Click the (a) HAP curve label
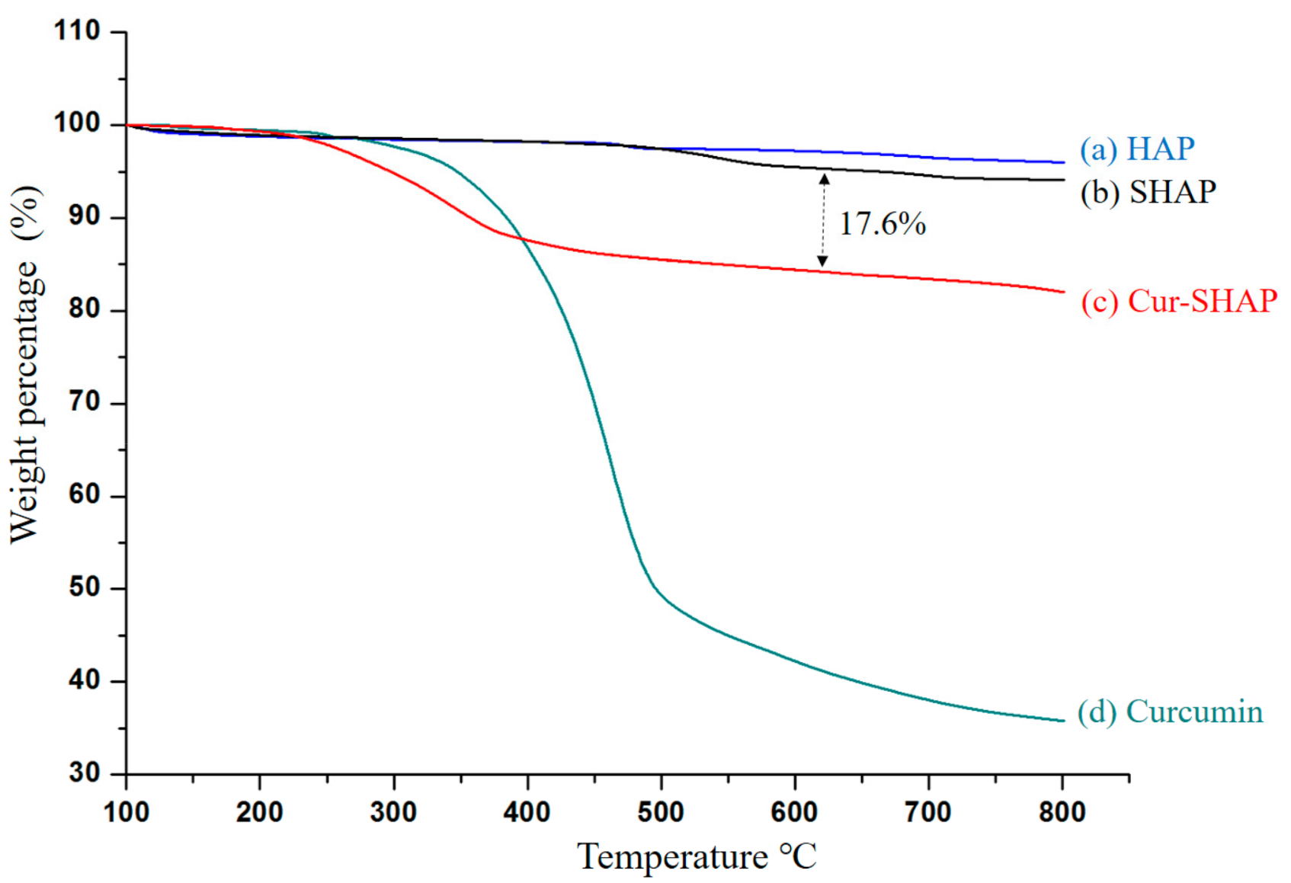point(1136,149)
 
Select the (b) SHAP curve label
point(1147,192)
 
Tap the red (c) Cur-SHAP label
point(1178,302)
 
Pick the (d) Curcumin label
point(1170,712)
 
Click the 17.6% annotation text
point(882,224)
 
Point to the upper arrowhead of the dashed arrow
point(824,180)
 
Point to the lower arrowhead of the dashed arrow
point(822,261)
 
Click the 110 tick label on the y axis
point(77,31)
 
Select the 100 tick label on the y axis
point(77,123)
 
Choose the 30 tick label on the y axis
point(84,773)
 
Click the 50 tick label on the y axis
point(84,587)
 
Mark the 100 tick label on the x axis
point(126,812)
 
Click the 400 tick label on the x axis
point(527,812)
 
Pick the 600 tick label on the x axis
point(794,812)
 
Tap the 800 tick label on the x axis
point(1062,812)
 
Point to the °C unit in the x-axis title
point(797,857)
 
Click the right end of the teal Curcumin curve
point(1062,720)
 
